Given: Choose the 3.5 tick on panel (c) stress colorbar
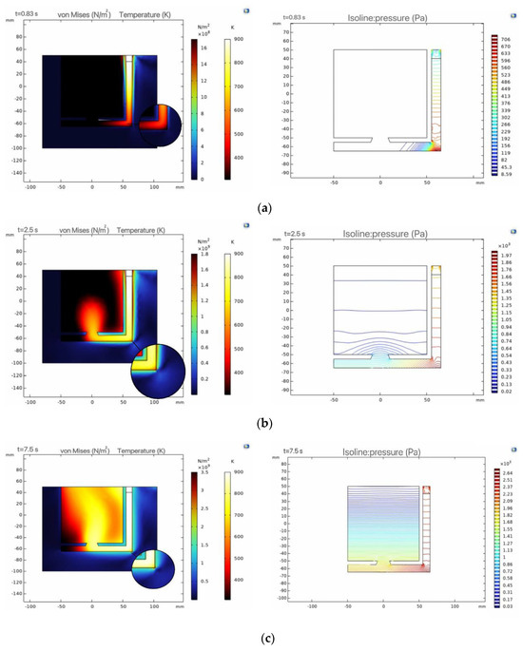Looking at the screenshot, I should [206, 470].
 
